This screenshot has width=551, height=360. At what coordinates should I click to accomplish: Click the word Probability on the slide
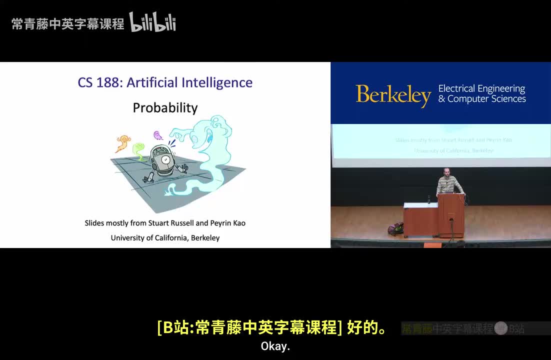pyautogui.click(x=165, y=108)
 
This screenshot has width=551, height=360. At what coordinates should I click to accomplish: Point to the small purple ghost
pyautogui.click(x=158, y=135)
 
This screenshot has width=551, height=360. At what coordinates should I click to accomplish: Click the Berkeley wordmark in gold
pyautogui.click(x=393, y=95)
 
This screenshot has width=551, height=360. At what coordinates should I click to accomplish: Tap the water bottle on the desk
pyautogui.click(x=428, y=199)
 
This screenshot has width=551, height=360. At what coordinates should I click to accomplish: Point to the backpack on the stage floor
pyautogui.click(x=395, y=229)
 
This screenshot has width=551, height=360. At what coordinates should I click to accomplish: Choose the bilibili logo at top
pyautogui.click(x=152, y=22)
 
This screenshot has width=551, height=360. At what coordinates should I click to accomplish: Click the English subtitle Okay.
pyautogui.click(x=275, y=346)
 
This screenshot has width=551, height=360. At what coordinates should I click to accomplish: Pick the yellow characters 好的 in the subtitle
pyautogui.click(x=365, y=328)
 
